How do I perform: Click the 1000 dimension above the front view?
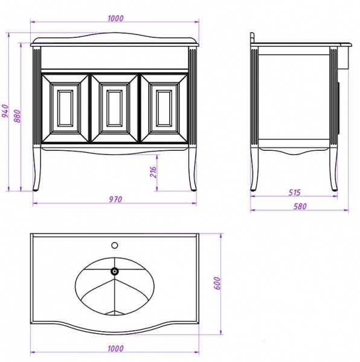coord(115,18)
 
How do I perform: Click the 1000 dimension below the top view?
coord(115,348)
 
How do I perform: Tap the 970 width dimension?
coord(115,199)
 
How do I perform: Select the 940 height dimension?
coord(5,111)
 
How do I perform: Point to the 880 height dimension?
coord(18,116)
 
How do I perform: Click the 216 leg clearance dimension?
coord(153,172)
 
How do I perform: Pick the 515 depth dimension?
coord(294,192)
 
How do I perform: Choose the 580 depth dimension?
coord(300,206)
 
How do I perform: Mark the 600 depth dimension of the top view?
coord(217,283)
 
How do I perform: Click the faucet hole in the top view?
coord(115,245)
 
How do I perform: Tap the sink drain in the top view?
coord(115,271)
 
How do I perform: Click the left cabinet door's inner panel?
coord(65,108)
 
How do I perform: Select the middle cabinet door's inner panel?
coord(115,108)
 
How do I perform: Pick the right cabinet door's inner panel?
coord(164,108)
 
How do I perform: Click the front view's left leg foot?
coord(36,190)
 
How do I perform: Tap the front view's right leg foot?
coord(194,190)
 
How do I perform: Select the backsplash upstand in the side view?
coord(252,37)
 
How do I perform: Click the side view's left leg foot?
coord(254,189)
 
